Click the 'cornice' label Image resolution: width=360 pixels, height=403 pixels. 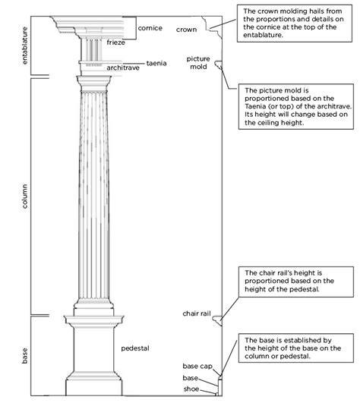[150, 29]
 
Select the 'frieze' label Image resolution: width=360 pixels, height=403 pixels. [116, 43]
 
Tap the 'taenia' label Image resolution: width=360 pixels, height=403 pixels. [156, 64]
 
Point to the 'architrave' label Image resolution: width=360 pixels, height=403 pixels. [123, 68]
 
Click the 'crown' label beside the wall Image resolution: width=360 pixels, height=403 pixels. [186, 30]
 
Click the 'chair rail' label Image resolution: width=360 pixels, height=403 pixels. [195, 313]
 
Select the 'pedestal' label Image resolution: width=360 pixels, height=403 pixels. [135, 348]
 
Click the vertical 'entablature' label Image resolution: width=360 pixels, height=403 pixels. [26, 46]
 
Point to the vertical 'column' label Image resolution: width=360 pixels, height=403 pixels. [26, 195]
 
